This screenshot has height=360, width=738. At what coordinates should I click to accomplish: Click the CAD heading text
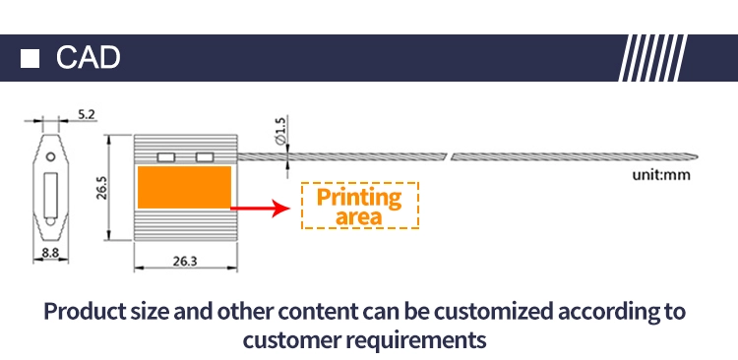click(88, 57)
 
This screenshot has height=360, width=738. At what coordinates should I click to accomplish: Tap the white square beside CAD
click(30, 58)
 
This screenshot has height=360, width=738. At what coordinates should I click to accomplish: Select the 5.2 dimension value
click(87, 114)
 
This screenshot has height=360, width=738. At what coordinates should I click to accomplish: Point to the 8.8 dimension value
click(50, 253)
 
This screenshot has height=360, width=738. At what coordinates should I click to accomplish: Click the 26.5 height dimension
click(102, 188)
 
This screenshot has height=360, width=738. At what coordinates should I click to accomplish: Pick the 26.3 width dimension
click(185, 262)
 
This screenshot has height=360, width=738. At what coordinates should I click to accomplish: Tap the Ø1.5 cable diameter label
click(279, 131)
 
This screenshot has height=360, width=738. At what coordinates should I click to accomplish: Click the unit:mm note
click(661, 175)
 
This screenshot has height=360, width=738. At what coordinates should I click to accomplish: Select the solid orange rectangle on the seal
click(184, 187)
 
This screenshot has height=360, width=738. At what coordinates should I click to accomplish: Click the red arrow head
click(282, 208)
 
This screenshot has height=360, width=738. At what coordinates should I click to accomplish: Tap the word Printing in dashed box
click(359, 198)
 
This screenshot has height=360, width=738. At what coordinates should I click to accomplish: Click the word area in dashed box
click(358, 217)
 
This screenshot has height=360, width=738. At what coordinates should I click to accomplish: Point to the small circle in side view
click(50, 156)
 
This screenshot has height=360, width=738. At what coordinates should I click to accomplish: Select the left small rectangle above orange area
click(166, 157)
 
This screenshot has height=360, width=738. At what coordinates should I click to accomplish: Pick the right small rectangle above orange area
click(205, 157)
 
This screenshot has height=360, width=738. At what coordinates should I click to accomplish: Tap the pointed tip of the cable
click(698, 157)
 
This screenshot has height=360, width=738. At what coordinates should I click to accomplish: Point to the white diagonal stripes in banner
click(653, 58)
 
